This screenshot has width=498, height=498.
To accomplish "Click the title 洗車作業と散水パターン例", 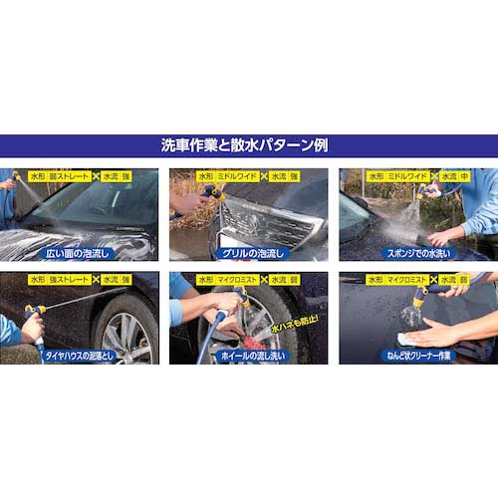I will (249, 145).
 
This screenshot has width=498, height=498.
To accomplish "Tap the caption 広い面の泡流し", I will (81, 253).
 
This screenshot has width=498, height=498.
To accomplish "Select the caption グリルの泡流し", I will (249, 253).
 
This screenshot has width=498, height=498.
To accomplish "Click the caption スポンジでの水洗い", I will (416, 253).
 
